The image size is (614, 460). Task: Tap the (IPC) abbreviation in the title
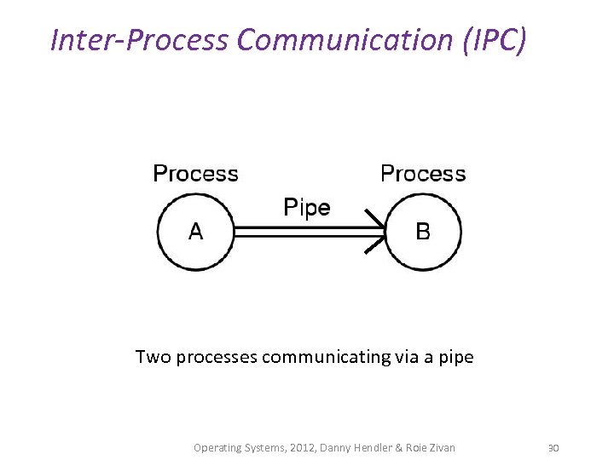tap(495, 39)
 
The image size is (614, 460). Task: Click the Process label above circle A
tap(195, 174)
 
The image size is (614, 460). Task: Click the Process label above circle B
tap(423, 174)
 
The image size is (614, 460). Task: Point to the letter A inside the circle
tap(195, 231)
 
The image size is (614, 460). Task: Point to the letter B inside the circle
tap(423, 231)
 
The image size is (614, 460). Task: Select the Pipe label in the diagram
tap(306, 208)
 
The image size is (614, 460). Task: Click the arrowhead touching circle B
tap(376, 231)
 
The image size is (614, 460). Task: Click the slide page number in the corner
tap(553, 447)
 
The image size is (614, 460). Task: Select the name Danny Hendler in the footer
tap(350, 447)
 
